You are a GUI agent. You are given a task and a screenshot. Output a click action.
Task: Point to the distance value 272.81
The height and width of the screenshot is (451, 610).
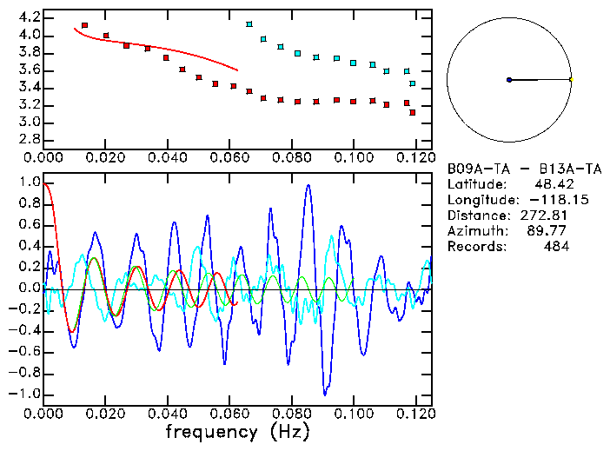tap(544, 216)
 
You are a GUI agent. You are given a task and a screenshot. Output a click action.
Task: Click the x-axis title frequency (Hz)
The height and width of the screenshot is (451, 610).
tap(237, 431)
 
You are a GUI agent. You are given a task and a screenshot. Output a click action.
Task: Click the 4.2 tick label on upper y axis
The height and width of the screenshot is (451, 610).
tap(29, 17)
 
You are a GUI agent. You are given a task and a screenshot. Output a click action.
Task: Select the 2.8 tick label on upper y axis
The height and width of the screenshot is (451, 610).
tap(29, 139)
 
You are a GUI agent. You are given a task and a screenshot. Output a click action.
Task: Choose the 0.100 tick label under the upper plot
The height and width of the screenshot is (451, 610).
tap(353, 158)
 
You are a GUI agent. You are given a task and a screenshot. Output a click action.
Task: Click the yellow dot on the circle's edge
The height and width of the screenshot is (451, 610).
tap(571, 80)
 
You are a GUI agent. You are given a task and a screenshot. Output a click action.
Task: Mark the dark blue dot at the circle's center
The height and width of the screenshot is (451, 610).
tap(509, 80)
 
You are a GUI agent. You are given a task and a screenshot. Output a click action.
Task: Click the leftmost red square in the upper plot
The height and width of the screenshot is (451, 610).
tap(84, 26)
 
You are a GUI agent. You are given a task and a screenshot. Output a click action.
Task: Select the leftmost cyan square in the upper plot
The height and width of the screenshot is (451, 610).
tap(249, 24)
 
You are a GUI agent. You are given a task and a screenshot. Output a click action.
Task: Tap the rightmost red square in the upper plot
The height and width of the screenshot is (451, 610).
tap(413, 113)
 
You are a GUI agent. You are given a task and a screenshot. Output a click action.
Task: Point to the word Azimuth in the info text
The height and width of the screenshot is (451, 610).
tap(473, 231)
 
